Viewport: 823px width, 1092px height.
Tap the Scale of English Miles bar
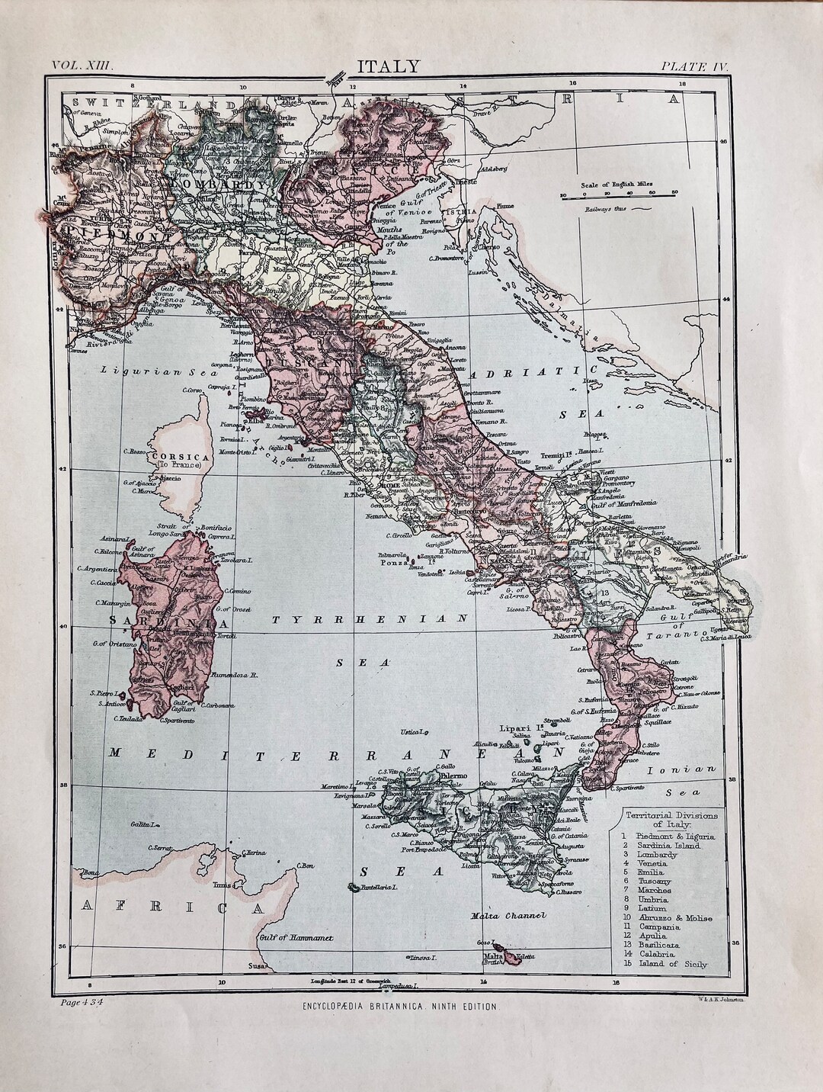click(618, 195)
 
